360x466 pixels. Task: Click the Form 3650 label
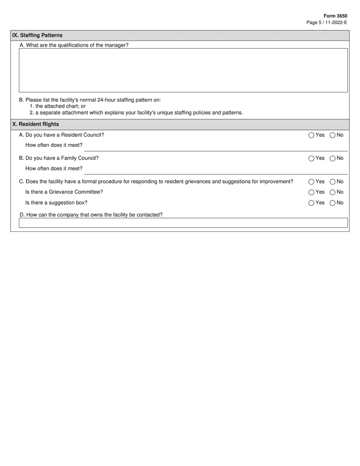(335, 16)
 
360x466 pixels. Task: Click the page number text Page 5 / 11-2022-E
(327, 23)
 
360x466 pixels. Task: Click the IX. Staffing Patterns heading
(37, 35)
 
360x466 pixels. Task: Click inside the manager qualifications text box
(183, 70)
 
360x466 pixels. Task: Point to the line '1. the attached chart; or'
(58, 106)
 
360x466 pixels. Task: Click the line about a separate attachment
(136, 113)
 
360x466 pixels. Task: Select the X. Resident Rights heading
(36, 124)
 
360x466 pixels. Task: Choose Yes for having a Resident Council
(311, 135)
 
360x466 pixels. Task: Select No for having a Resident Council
(333, 135)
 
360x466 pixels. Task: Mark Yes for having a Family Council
(311, 158)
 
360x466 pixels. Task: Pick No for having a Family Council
(333, 158)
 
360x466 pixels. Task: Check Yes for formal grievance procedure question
(311, 182)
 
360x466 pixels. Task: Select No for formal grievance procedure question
(333, 182)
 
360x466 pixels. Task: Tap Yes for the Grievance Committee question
(311, 192)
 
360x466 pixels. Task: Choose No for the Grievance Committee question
(333, 192)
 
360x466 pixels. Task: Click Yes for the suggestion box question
(311, 203)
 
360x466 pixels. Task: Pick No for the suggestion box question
(333, 203)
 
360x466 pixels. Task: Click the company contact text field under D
(183, 223)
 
